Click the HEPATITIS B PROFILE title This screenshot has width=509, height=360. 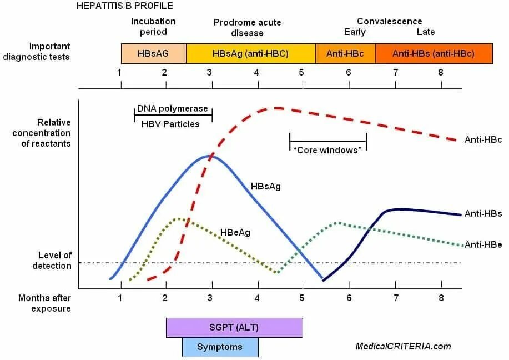click(124, 6)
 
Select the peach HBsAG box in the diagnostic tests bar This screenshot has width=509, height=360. click(153, 54)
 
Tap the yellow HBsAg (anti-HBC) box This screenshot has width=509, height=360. click(251, 54)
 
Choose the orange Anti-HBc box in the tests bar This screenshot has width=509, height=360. click(345, 54)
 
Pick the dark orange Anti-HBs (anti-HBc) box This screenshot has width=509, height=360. click(434, 54)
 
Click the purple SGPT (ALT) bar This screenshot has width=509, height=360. click(234, 328)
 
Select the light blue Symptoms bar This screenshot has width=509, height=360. click(220, 347)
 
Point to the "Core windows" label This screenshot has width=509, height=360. click(328, 150)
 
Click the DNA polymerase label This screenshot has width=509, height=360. click(172, 109)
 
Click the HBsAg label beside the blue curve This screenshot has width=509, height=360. click(265, 187)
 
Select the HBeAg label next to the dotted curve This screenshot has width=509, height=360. click(235, 233)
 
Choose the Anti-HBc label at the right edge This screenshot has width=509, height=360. click(483, 140)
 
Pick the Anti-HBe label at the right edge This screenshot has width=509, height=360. click(483, 244)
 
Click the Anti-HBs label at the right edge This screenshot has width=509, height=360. click(483, 213)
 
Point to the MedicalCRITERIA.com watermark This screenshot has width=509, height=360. click(403, 347)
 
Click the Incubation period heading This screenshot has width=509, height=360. click(153, 27)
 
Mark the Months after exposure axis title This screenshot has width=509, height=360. click(44, 303)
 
